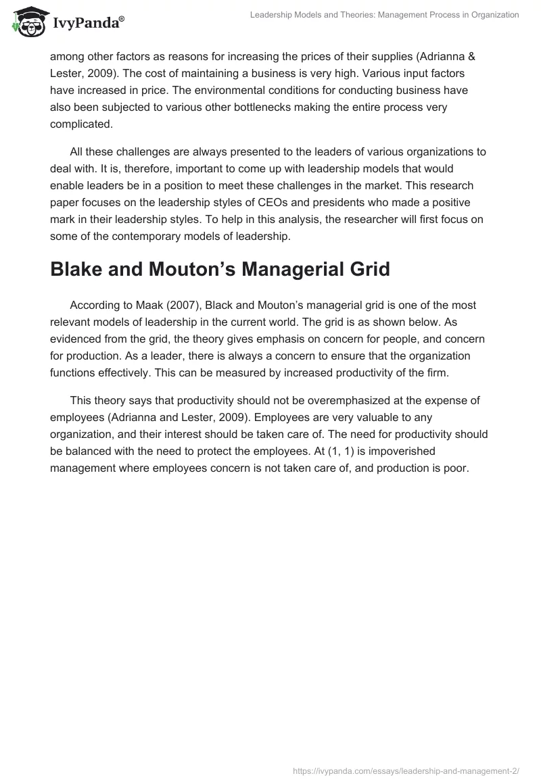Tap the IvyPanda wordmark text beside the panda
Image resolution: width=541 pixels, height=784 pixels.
pos(87,24)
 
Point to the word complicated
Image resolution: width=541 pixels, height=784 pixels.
pos(80,124)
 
